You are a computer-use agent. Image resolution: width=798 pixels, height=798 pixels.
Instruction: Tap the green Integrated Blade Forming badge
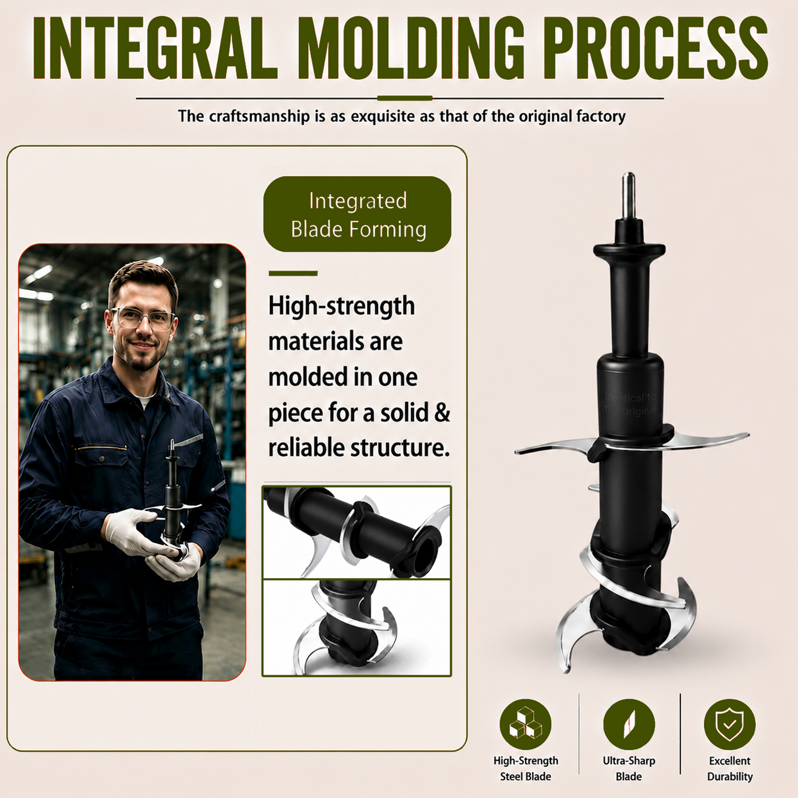pos(357,214)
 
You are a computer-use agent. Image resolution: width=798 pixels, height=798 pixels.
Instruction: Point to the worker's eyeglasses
pos(142,319)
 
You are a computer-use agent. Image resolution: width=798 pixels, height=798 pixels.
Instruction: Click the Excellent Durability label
pos(730,769)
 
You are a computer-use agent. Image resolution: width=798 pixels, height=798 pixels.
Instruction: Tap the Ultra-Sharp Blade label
pos(628,769)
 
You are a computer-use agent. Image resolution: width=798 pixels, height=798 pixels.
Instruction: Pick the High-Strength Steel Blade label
pos(526,769)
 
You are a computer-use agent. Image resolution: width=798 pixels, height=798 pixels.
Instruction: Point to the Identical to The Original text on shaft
pos(630,404)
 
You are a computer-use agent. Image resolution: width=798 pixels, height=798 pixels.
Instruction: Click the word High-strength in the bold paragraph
pos(342,306)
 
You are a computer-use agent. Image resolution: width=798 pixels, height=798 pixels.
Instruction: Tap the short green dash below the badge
pos(293,273)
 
